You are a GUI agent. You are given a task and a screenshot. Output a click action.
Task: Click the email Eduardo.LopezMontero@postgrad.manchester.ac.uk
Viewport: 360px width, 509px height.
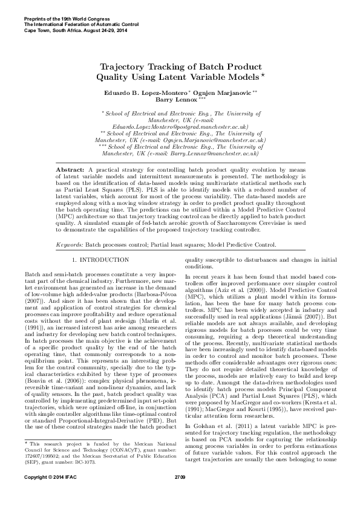[180, 127]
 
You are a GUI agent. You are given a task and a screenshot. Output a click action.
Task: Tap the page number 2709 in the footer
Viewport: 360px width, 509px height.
[180, 495]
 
